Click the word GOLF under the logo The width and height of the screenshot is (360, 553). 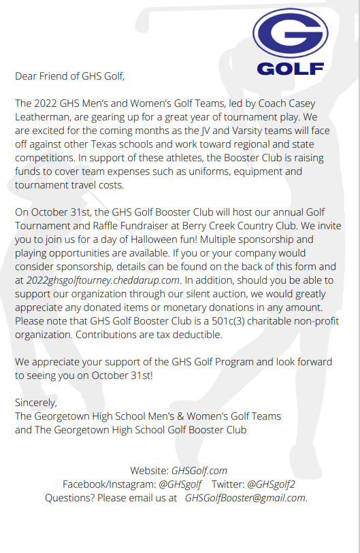(290, 69)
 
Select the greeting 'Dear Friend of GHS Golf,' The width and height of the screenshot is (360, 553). (70, 76)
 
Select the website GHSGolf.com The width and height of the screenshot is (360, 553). (199, 470)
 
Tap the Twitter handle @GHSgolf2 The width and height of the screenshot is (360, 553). (271, 484)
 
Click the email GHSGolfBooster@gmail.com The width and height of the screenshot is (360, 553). (245, 497)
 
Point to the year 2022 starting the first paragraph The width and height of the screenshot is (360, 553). (48, 102)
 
